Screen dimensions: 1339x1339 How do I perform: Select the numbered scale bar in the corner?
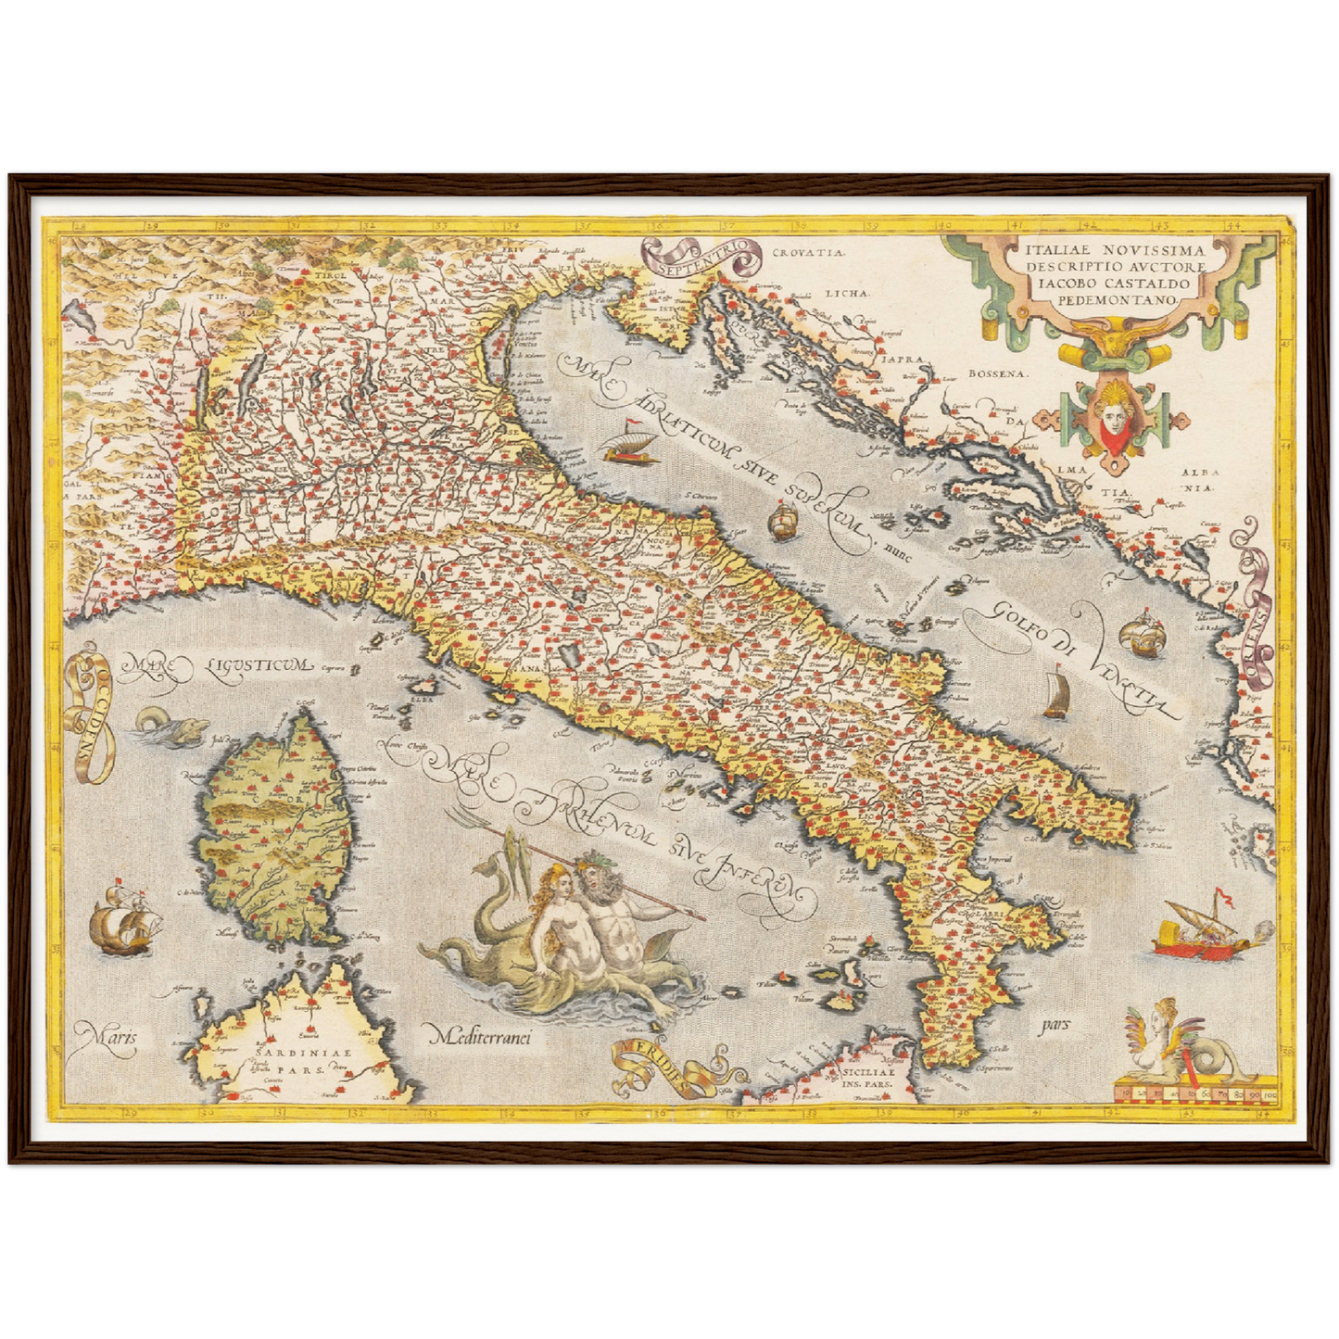[x=1195, y=1093]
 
